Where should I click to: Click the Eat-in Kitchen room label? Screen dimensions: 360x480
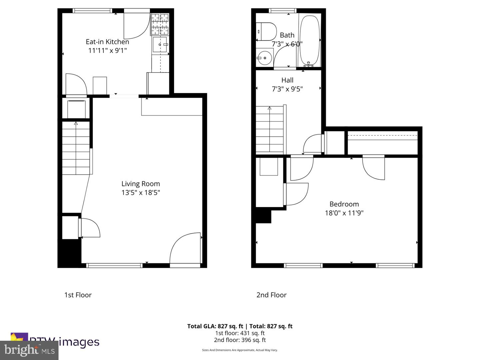(x=107, y=42)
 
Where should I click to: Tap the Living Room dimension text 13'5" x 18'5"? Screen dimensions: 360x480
(x=141, y=192)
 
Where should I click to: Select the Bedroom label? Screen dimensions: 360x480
(x=344, y=204)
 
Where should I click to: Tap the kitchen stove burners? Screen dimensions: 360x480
(x=160, y=24)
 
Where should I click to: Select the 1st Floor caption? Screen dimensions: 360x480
(x=78, y=295)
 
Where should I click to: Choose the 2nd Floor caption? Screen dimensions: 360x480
(x=271, y=295)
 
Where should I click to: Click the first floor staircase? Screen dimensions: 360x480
(x=76, y=148)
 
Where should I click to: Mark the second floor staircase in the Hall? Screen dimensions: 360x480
(x=270, y=130)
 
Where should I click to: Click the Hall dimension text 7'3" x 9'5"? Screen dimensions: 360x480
(x=287, y=89)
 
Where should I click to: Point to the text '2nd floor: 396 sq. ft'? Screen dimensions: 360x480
(x=240, y=340)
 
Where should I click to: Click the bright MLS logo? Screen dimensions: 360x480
(x=29, y=350)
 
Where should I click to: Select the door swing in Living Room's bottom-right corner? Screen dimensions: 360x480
(x=185, y=248)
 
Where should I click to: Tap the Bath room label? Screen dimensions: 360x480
(x=287, y=35)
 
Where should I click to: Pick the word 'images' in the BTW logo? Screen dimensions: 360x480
(x=79, y=342)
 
